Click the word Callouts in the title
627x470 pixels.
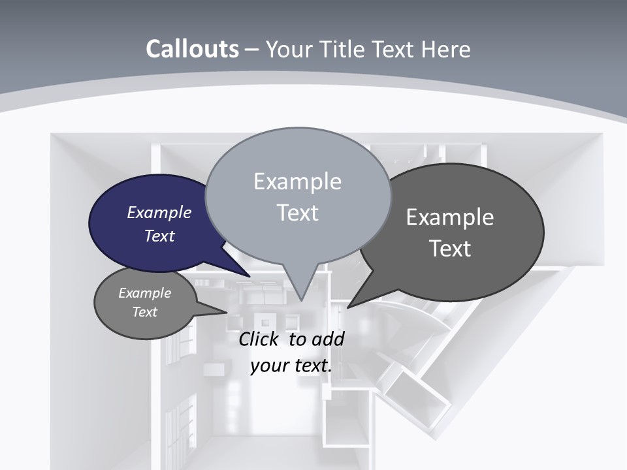(x=192, y=49)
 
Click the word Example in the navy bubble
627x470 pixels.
(x=159, y=212)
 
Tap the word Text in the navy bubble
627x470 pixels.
(x=159, y=236)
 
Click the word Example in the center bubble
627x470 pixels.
(x=298, y=181)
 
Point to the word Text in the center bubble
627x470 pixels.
(x=298, y=213)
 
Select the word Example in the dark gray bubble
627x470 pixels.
(x=450, y=217)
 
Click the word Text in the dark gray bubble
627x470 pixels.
(x=450, y=249)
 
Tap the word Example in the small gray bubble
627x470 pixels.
(x=145, y=293)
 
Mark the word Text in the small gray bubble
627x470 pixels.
(x=145, y=312)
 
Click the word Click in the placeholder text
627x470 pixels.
(x=258, y=339)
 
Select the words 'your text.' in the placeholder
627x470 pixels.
(x=291, y=366)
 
